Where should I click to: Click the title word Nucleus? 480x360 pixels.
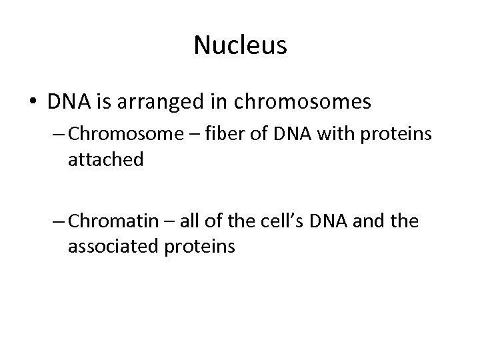[240, 45]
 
